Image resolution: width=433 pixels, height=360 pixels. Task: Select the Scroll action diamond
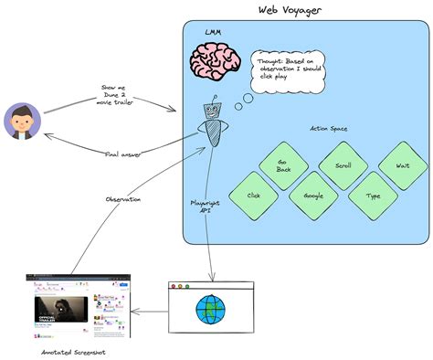coord(343,166)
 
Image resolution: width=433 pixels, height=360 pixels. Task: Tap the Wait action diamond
coord(403,166)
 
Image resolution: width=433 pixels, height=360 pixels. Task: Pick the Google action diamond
coord(313,196)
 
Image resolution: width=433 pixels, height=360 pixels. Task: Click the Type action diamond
coord(374,196)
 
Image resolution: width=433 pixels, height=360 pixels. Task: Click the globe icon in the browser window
coord(213,309)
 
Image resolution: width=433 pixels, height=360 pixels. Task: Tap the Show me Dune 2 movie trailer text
coord(113,97)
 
